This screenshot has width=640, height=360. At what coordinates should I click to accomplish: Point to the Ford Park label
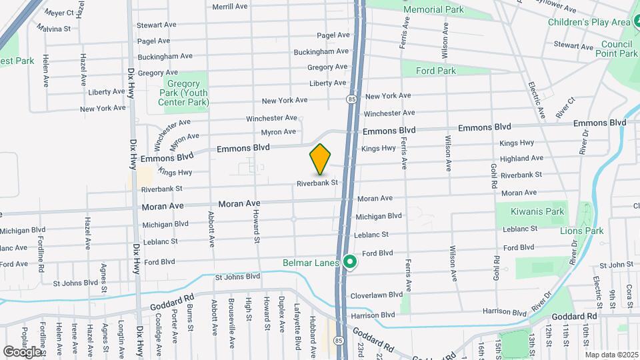point(435,71)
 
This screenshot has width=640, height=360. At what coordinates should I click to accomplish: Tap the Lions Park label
point(582,231)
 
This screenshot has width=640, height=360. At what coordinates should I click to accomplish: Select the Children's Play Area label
point(589,23)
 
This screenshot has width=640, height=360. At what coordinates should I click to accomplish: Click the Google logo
point(22,351)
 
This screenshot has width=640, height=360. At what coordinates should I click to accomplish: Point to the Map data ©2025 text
point(611,354)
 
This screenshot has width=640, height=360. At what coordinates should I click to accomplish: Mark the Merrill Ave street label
point(229,7)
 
